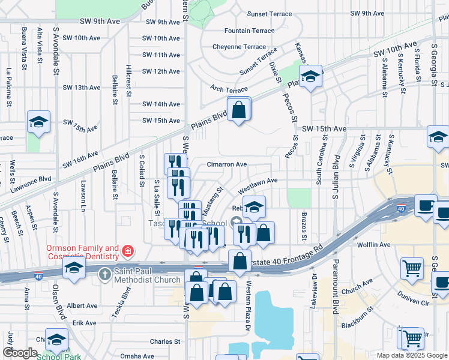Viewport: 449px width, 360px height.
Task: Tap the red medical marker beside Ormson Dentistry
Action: (127, 250)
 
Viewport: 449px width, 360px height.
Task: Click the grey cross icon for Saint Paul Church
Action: (104, 274)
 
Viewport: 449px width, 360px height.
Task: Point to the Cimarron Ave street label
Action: (227, 164)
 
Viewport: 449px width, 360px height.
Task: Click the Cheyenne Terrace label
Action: (239, 47)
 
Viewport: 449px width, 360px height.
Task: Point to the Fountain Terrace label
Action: (249, 31)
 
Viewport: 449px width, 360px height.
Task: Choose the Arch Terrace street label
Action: (229, 89)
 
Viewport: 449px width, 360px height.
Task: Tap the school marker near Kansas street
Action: (310, 77)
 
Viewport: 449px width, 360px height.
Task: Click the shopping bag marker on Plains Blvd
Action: (239, 110)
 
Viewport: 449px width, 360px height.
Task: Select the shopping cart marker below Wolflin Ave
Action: (412, 269)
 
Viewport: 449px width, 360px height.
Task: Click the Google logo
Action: (20, 353)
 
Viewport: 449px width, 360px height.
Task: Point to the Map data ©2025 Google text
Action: (411, 355)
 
